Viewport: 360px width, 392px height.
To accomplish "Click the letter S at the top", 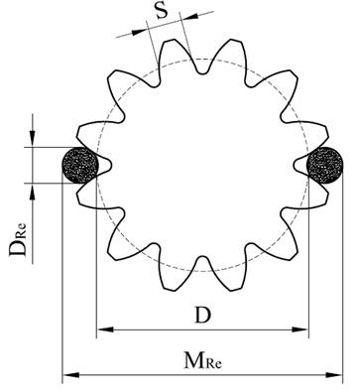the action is click(162, 11).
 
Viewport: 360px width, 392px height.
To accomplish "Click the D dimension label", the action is click(202, 316).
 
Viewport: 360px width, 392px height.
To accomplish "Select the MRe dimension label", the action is click(202, 360).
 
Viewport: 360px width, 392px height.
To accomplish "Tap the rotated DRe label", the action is click(18, 240).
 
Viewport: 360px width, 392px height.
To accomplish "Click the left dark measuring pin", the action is click(80, 166).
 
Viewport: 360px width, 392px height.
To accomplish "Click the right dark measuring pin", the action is click(324, 166).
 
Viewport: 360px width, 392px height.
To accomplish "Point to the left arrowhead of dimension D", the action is click(105, 329).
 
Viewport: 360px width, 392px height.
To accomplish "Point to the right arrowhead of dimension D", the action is click(300, 329).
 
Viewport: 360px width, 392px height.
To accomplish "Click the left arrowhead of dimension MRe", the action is click(71, 375).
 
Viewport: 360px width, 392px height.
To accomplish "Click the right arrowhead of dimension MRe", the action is click(334, 375).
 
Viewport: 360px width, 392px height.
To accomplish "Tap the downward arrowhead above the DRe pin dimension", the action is click(32, 139).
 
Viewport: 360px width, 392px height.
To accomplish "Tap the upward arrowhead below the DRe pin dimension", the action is click(32, 192).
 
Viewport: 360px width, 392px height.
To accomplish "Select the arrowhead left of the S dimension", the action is click(139, 32).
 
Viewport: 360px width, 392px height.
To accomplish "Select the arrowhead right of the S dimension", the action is click(189, 17).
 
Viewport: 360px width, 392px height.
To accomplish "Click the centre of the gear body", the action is click(202, 165).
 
